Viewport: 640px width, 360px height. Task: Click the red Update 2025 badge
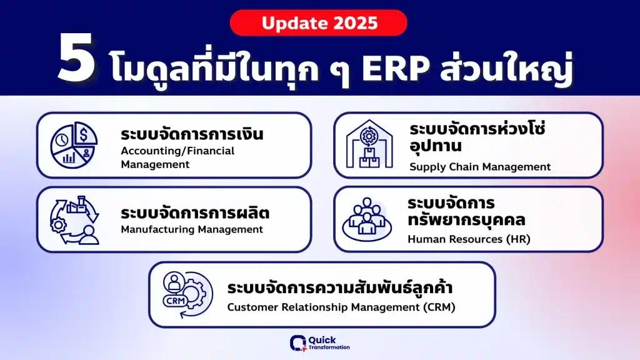[x=318, y=23]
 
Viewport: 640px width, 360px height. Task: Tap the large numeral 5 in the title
[x=77, y=58]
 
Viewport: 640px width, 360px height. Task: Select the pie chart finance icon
[x=74, y=145]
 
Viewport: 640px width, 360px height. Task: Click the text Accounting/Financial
[x=177, y=151]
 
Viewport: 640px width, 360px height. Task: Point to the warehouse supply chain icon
[x=369, y=144]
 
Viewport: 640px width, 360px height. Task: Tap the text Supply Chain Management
[x=480, y=167]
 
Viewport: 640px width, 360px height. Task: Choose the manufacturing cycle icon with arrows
[x=74, y=220]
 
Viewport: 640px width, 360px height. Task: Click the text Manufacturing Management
[x=192, y=229]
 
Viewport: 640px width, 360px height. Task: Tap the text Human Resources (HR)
[x=469, y=239]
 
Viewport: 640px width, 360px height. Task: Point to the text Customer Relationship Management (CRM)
[x=341, y=307]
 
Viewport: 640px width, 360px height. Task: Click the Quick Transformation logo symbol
[x=298, y=343]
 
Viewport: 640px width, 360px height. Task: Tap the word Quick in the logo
[x=322, y=340]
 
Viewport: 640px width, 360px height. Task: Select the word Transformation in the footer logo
[x=329, y=347]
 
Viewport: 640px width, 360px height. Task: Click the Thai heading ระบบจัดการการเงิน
[x=192, y=134]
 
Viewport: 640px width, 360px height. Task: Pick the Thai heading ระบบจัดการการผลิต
[x=195, y=212]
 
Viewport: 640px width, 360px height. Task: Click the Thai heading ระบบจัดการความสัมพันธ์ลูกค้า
[x=339, y=287]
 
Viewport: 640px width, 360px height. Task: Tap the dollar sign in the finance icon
[x=84, y=134]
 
